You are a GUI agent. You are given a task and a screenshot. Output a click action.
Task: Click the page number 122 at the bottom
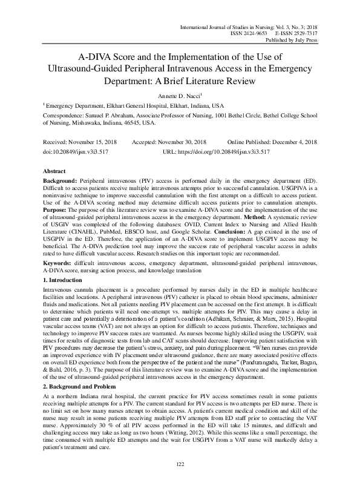pos(180,464)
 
